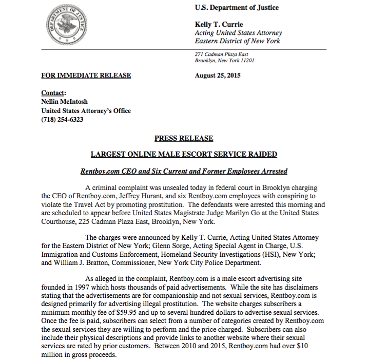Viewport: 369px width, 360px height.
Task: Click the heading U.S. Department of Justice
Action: [x=237, y=8]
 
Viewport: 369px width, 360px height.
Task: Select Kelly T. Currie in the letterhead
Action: [x=219, y=25]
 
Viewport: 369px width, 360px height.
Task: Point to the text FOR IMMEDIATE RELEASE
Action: [x=86, y=75]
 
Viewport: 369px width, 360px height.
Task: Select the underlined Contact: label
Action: [x=53, y=93]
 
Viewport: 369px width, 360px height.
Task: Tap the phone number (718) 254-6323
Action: [x=63, y=119]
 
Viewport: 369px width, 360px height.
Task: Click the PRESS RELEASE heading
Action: [x=184, y=138]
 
